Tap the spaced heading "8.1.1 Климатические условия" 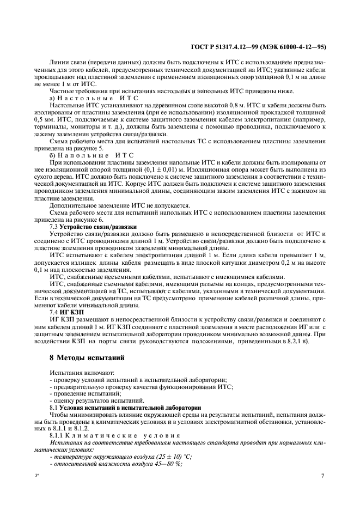click(x=114, y=435)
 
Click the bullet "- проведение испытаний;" click(x=81, y=393)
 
